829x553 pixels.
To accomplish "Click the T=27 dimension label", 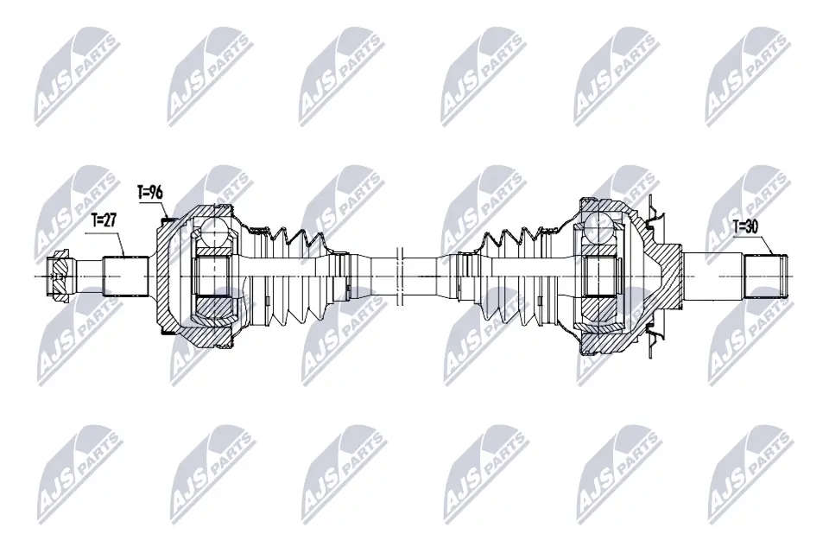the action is point(103,220).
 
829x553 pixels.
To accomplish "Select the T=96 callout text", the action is point(149,193).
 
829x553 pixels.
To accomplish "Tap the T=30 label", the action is point(745,227).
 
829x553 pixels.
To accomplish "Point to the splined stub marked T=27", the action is point(125,276).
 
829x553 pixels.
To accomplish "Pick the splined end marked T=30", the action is point(766,276).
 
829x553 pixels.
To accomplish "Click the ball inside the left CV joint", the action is point(215,232).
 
